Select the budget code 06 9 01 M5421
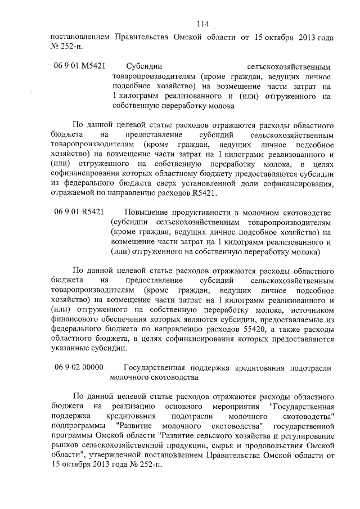click(x=80, y=65)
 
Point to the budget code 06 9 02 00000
click(x=79, y=368)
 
